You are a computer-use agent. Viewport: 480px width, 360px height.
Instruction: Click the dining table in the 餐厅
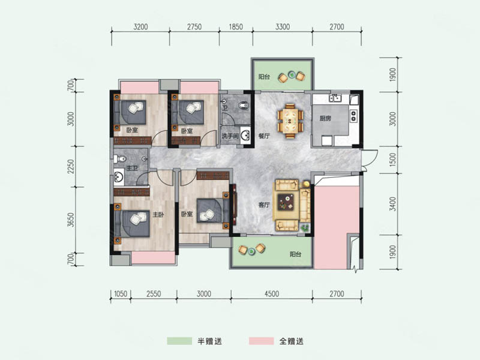[290, 121]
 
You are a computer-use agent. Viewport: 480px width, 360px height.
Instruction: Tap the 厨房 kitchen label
[325, 118]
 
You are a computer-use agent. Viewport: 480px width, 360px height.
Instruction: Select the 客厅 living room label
[264, 205]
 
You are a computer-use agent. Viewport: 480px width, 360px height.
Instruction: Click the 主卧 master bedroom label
[158, 215]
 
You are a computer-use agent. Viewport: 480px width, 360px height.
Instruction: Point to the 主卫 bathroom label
[132, 168]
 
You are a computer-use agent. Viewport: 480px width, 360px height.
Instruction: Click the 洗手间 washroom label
[230, 136]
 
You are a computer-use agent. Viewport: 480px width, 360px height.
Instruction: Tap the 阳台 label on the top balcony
[264, 77]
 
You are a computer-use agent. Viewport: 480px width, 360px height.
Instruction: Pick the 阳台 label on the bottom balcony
[295, 254]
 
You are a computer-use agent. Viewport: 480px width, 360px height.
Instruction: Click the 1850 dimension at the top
[236, 27]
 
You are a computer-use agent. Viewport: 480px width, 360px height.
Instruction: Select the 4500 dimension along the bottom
[272, 294]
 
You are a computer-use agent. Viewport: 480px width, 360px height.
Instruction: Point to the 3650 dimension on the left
[71, 220]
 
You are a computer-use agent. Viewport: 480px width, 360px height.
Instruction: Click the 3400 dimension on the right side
[393, 204]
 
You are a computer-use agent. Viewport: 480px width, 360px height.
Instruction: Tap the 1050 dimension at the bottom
[121, 294]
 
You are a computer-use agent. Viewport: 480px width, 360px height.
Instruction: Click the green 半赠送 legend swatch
[179, 341]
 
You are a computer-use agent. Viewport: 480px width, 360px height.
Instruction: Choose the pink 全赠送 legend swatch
[262, 341]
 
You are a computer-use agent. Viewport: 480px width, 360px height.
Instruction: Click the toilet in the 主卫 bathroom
[120, 159]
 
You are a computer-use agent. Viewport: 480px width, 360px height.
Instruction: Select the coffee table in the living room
[286, 202]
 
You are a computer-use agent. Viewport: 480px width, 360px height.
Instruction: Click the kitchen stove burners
[353, 115]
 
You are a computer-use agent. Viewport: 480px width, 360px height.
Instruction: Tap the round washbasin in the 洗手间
[245, 136]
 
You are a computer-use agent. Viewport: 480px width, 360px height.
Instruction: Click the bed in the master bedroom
[132, 223]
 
